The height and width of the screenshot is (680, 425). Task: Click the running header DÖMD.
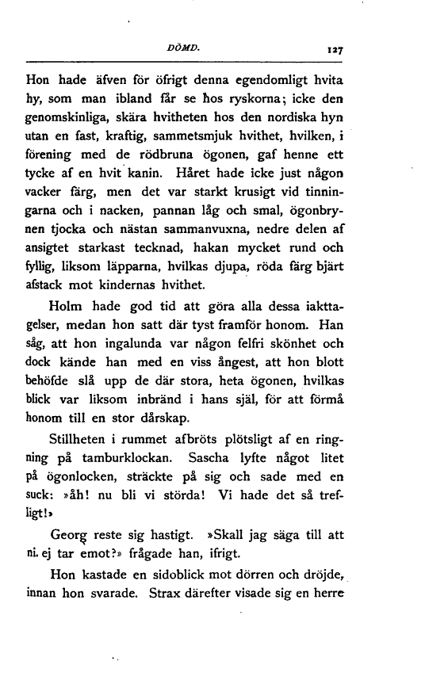(204, 48)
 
